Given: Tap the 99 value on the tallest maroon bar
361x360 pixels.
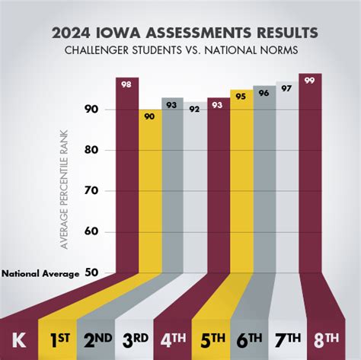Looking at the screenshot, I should coord(310,80).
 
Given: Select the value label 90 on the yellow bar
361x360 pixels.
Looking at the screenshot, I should coord(149,116).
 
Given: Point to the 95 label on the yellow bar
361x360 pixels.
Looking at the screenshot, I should coord(241,96).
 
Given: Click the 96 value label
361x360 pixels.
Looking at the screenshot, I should coord(264,92).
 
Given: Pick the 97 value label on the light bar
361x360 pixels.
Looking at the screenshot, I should coord(287,88).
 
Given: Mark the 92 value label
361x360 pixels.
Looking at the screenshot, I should coord(195,108).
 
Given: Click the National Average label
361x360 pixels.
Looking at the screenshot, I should coord(40,273).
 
